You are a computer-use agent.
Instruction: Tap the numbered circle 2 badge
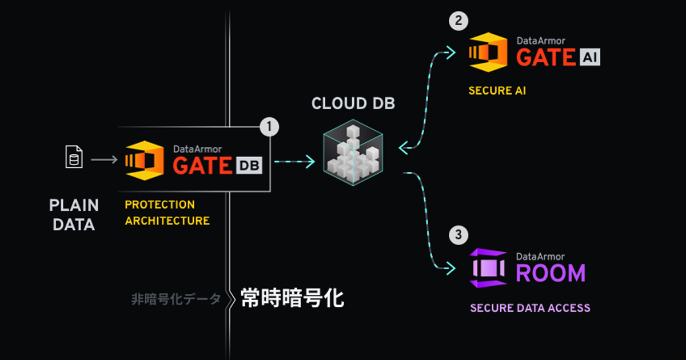[x=458, y=21]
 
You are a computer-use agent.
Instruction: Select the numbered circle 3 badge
[x=458, y=234]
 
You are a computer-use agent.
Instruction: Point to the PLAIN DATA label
[x=74, y=215]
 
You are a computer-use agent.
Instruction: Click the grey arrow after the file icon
[x=104, y=159]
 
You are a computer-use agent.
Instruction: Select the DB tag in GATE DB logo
[x=248, y=166]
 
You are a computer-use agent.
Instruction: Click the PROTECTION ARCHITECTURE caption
[x=167, y=213]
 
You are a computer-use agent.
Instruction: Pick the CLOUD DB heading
[x=353, y=104]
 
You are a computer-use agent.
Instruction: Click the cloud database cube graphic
[x=353, y=153]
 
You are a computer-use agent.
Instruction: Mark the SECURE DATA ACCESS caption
[x=530, y=308]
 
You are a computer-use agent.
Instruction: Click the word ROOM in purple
[x=551, y=273]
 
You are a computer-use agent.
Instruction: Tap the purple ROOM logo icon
[x=488, y=267]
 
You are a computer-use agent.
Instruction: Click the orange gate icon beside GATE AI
[x=488, y=52]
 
